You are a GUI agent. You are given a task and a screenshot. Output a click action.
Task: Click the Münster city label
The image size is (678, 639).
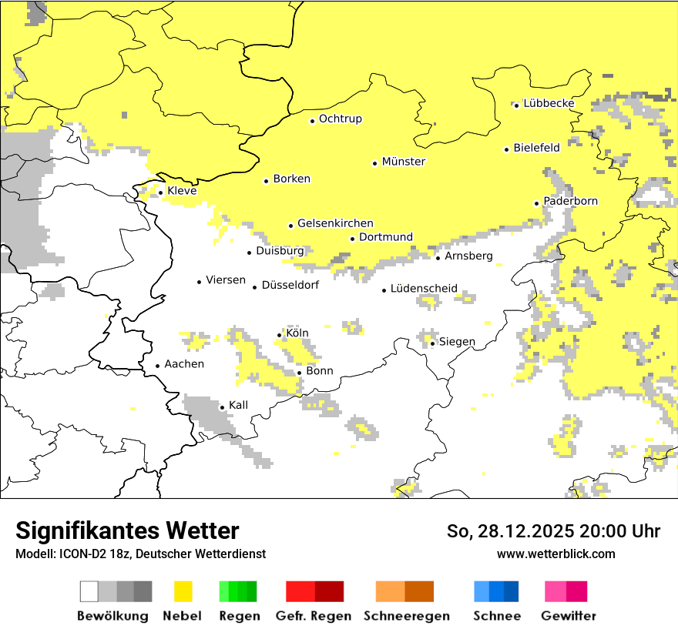(x=404, y=162)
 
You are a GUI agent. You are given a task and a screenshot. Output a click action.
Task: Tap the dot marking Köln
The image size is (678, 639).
(x=279, y=335)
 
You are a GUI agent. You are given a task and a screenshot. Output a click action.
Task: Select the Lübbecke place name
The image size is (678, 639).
(x=549, y=103)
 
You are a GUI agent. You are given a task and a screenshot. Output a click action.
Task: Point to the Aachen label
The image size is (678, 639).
(x=184, y=364)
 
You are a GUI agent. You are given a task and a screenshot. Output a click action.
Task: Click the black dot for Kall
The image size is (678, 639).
(x=222, y=407)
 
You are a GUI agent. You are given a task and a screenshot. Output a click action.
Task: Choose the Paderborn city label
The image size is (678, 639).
(x=570, y=201)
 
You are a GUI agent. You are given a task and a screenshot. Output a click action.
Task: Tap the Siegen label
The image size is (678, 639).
(x=457, y=342)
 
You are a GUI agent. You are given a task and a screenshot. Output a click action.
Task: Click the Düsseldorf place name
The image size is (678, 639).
(x=290, y=285)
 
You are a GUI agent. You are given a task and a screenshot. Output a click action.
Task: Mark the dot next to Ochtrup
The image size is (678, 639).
(x=312, y=121)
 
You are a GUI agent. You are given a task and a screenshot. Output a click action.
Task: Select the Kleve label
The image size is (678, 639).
(x=182, y=191)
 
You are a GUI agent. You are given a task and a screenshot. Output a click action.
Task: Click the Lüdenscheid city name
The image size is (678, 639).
(x=424, y=289)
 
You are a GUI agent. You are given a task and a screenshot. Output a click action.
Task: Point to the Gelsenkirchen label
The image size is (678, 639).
(x=335, y=223)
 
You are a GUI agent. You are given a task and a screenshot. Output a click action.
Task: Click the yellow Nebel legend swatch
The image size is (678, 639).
(x=183, y=591)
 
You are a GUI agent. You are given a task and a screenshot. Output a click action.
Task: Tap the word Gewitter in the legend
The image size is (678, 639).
(x=569, y=616)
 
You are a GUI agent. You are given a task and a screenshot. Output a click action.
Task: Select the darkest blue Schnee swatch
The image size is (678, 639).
(x=512, y=591)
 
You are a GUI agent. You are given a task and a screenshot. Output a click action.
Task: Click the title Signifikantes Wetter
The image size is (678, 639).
(x=127, y=530)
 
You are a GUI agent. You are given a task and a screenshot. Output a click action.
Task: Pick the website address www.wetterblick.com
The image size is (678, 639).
(x=555, y=554)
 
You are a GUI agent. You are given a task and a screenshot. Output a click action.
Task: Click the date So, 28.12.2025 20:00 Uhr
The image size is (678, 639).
(x=553, y=531)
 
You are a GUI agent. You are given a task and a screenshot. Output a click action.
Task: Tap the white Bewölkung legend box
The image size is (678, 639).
(x=89, y=591)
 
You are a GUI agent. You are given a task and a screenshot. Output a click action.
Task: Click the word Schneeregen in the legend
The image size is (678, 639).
(x=407, y=616)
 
